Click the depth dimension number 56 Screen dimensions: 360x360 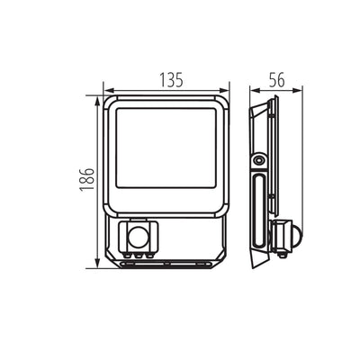(277, 79)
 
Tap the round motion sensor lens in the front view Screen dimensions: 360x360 (137, 238)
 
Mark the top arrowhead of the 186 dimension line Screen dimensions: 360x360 (95, 103)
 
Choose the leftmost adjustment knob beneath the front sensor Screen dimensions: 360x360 (129, 255)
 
